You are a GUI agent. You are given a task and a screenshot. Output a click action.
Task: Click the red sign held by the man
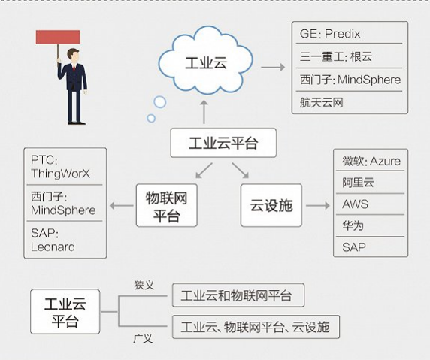(58, 37)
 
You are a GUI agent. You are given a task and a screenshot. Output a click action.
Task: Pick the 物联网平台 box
(167, 205)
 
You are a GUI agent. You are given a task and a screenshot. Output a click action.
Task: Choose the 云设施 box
(271, 205)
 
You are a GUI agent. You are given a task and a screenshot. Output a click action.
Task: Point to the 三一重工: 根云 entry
(336, 56)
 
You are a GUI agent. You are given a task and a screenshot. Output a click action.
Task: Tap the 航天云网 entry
(322, 102)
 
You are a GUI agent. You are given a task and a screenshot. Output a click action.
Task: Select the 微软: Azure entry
(371, 162)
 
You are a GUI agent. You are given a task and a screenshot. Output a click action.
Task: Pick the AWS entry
(356, 204)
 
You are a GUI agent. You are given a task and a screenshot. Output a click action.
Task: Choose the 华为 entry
(353, 225)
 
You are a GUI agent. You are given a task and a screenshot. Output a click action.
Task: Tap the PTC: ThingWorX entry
(59, 168)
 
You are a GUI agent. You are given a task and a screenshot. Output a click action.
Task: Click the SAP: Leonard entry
(53, 240)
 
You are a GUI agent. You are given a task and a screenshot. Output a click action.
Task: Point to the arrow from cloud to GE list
(272, 68)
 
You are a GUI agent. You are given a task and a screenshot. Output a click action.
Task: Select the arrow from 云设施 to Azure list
(318, 205)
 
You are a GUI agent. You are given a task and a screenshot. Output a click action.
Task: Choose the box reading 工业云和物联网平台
(238, 295)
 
